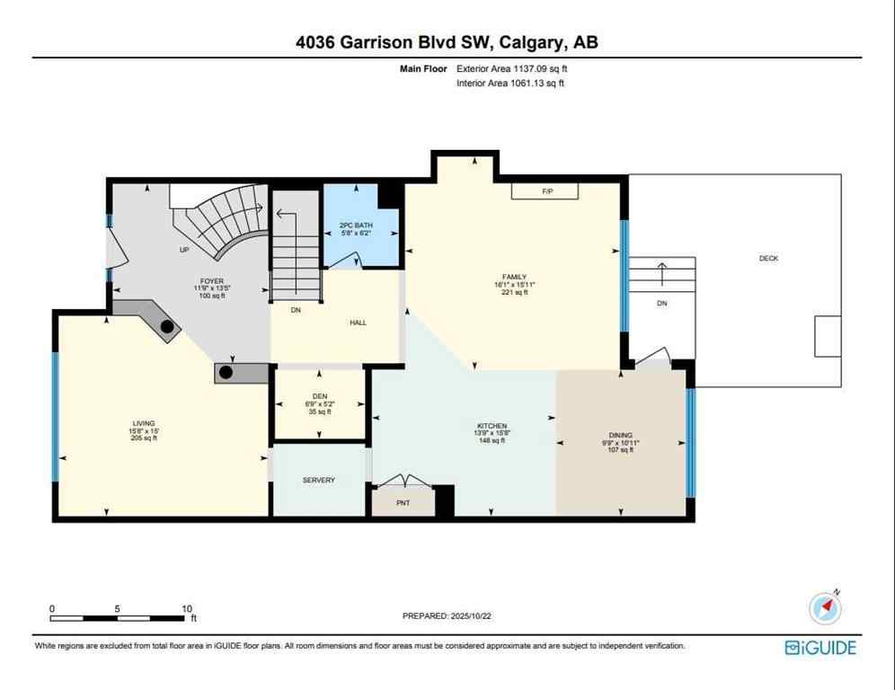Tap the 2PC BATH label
(356, 225)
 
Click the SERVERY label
(318, 480)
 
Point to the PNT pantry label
(403, 502)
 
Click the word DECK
(768, 258)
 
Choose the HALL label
(358, 323)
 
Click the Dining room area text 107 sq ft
(620, 450)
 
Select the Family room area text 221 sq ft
(513, 292)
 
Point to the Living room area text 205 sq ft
(144, 438)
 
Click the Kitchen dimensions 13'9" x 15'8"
(492, 433)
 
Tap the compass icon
(826, 608)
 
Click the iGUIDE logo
(820, 647)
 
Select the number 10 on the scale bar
(187, 608)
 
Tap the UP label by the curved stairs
(184, 250)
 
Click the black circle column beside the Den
(226, 371)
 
